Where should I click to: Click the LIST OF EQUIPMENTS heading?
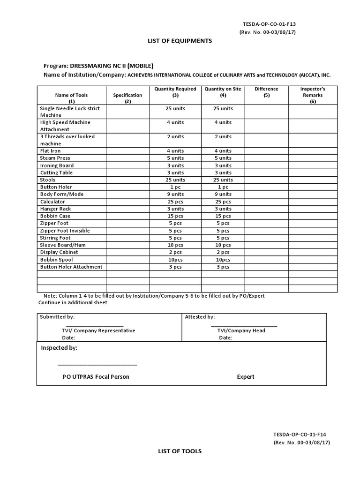coord(180,41)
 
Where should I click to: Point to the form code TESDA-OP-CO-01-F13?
coord(269,23)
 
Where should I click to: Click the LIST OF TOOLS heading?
coord(179,451)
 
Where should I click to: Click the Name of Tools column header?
coord(71,98)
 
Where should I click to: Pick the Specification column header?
coord(127,98)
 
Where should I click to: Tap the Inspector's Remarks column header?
coord(313,95)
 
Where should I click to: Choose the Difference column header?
coord(266,92)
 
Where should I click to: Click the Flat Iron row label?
coord(50,151)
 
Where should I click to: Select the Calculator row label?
coord(52,202)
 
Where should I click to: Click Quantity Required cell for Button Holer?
coord(175,187)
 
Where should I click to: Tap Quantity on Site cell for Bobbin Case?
coord(223,216)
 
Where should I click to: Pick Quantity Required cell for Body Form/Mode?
coord(175,194)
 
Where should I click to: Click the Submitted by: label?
coord(57,317)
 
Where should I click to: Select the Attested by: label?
coord(200,317)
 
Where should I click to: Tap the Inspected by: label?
coord(59,348)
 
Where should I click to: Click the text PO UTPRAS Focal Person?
coord(96,377)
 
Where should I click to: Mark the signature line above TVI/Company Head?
coord(244,325)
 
